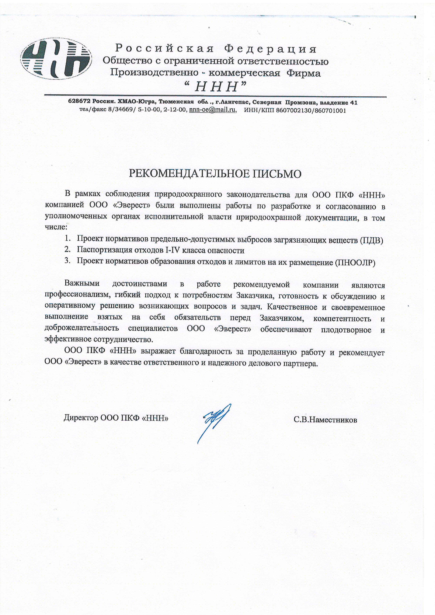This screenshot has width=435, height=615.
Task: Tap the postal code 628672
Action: coord(79,102)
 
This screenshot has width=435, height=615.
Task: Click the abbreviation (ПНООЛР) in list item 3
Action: coord(355,263)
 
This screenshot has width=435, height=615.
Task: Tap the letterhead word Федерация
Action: coord(270,49)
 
